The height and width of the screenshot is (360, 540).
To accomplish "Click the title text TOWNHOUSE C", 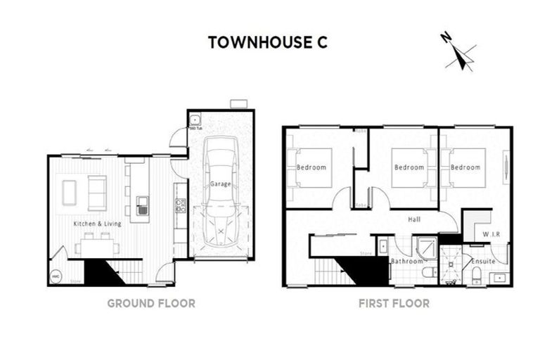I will point(267,42).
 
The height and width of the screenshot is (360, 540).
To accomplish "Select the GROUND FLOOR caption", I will point(150,304).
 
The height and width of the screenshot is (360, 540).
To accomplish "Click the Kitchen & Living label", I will point(98,224).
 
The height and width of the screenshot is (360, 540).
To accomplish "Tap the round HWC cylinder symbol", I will point(56,277).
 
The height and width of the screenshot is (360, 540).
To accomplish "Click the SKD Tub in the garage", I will point(194,120).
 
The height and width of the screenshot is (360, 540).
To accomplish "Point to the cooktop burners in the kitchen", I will point(181,205).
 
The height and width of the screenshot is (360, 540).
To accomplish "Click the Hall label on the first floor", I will point(414,219).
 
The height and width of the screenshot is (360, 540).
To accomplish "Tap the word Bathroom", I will point(407,262).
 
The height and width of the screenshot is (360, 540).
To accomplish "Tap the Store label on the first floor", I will point(365,252).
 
